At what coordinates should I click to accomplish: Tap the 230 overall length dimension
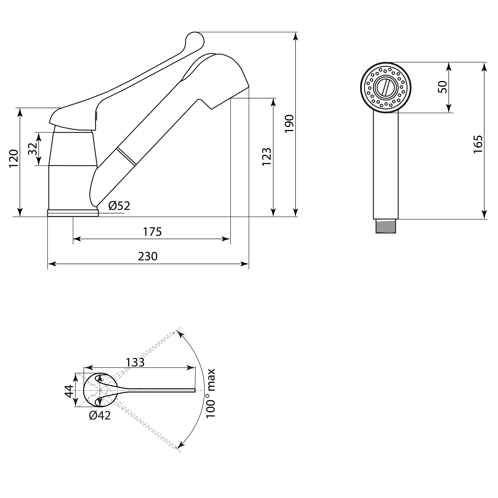tap(148, 256)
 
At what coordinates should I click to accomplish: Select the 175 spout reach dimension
tap(152, 232)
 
